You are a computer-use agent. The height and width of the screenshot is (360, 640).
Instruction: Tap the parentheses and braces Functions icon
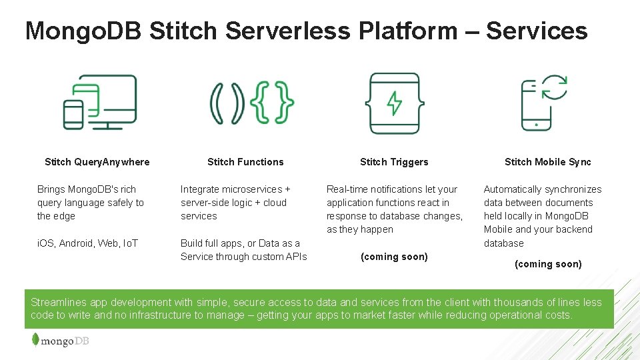coord(252,103)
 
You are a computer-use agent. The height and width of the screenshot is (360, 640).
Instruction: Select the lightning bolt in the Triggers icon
coord(395,103)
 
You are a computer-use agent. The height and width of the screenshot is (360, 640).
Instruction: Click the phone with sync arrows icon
coord(544,102)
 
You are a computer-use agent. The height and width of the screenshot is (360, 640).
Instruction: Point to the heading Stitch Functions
coord(245,162)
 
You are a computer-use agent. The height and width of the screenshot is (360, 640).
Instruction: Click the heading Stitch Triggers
coord(394,162)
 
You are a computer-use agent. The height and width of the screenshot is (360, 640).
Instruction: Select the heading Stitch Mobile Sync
coord(547,162)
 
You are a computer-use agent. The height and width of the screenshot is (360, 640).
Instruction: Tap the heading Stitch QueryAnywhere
coord(97,162)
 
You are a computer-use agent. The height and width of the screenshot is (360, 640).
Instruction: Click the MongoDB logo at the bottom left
coord(60,341)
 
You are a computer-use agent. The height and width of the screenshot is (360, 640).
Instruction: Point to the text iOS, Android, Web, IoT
coord(87,243)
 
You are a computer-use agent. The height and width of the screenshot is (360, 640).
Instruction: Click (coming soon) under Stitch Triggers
coord(394,257)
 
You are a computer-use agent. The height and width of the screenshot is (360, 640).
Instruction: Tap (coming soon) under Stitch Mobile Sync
coord(548,264)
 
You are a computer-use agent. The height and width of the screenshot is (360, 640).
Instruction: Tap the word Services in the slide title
coord(537,31)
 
